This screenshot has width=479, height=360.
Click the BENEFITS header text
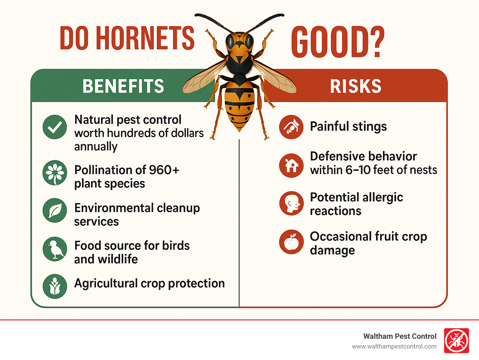123,86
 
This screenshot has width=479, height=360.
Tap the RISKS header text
356,86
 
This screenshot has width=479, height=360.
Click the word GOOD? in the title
338,42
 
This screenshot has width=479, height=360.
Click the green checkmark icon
55,127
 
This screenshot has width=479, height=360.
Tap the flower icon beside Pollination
55,173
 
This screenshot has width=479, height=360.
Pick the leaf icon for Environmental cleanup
55,211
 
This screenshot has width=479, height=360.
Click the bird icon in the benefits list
55,249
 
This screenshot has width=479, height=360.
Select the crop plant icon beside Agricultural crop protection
55,286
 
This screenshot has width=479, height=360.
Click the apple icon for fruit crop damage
291,242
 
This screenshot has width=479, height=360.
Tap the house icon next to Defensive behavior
291,165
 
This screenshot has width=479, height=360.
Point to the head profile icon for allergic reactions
291,203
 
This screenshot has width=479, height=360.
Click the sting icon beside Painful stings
291,127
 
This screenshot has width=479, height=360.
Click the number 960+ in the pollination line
164,170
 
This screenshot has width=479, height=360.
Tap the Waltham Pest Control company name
400,336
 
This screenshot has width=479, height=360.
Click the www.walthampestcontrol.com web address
394,346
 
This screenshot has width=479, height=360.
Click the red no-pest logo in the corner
456,341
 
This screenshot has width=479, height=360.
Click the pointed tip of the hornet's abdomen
239,131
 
